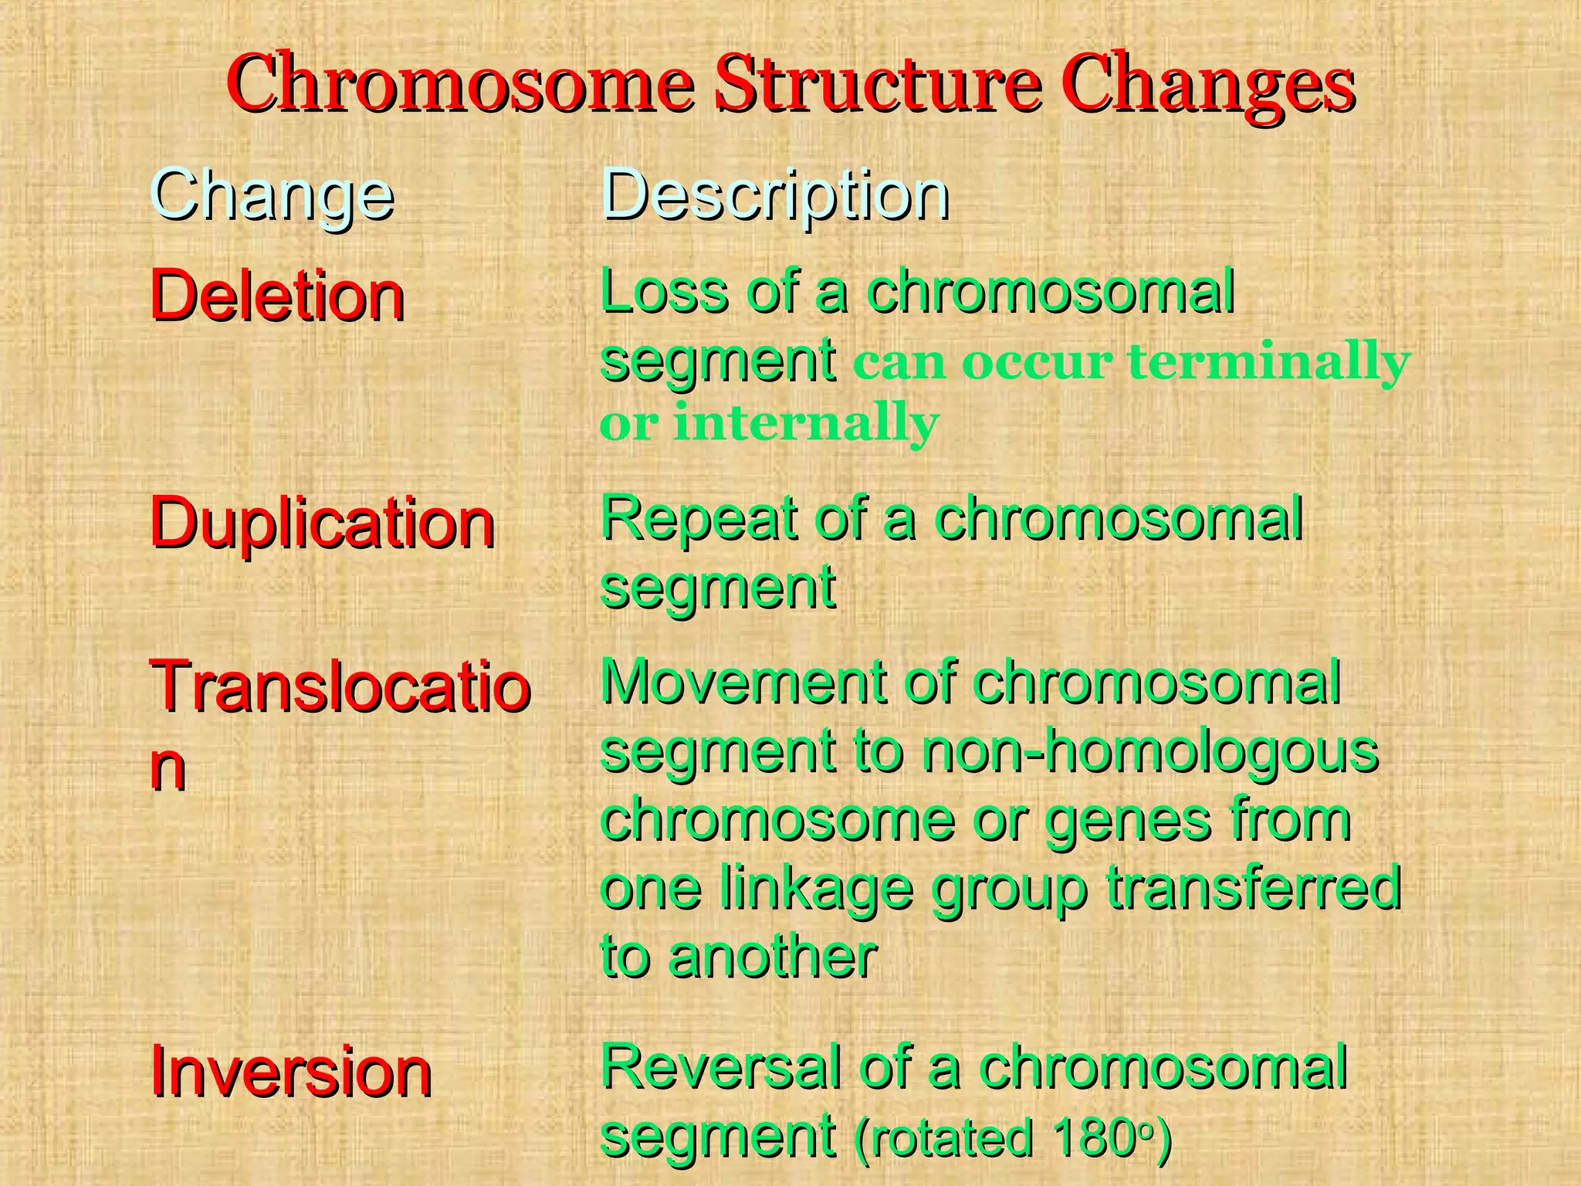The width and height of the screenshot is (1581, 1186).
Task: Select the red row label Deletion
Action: tap(277, 297)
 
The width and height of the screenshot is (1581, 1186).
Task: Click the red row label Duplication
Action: tap(322, 524)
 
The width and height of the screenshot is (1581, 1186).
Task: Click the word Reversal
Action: tap(719, 1068)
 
